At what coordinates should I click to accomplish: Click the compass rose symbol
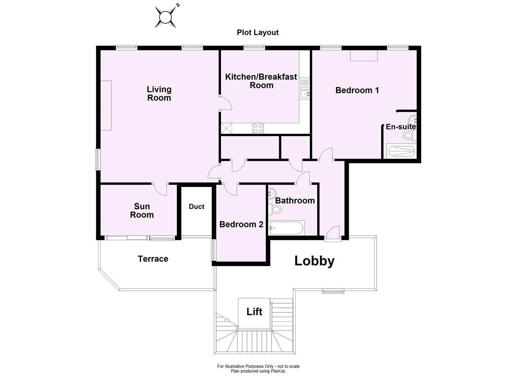click(x=165, y=17)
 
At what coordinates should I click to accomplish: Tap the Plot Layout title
click(x=258, y=32)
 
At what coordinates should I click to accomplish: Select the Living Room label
click(x=159, y=94)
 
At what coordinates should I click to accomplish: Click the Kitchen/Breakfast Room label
click(x=261, y=81)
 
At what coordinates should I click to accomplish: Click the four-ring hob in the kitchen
click(x=258, y=128)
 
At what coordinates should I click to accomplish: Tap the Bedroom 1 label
click(x=357, y=90)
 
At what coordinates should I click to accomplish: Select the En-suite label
click(x=400, y=127)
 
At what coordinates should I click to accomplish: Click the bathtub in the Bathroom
click(x=287, y=228)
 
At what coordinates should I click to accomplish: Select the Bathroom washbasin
click(x=272, y=193)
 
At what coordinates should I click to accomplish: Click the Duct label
click(x=196, y=206)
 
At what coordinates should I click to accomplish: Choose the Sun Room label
click(x=142, y=211)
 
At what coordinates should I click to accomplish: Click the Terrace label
click(x=153, y=259)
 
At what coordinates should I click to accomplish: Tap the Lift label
click(x=254, y=312)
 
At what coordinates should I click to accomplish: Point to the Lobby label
click(x=314, y=261)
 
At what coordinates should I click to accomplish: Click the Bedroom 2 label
click(x=241, y=225)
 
